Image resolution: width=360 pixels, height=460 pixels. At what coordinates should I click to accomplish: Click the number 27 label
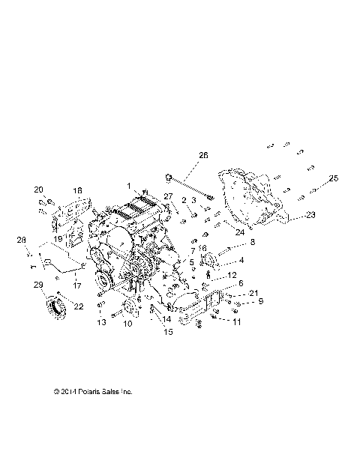pyautogui.click(x=168, y=197)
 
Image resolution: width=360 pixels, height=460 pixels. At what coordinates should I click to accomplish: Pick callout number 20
pyautogui.click(x=39, y=190)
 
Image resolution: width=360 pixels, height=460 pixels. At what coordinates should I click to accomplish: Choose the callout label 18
pyautogui.click(x=76, y=192)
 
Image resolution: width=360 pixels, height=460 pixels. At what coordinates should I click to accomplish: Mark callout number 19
pyautogui.click(x=57, y=239)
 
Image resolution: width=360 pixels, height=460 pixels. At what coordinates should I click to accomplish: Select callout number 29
pyautogui.click(x=37, y=285)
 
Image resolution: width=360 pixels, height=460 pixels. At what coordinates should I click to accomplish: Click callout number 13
pyautogui.click(x=99, y=323)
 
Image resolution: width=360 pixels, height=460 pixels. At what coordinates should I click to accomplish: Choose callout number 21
pyautogui.click(x=232, y=293)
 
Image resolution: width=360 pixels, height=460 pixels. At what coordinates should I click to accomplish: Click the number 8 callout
pyautogui.click(x=252, y=242)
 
